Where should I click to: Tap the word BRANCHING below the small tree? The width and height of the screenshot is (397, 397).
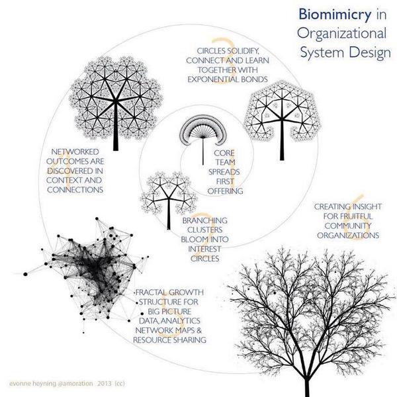204,220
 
